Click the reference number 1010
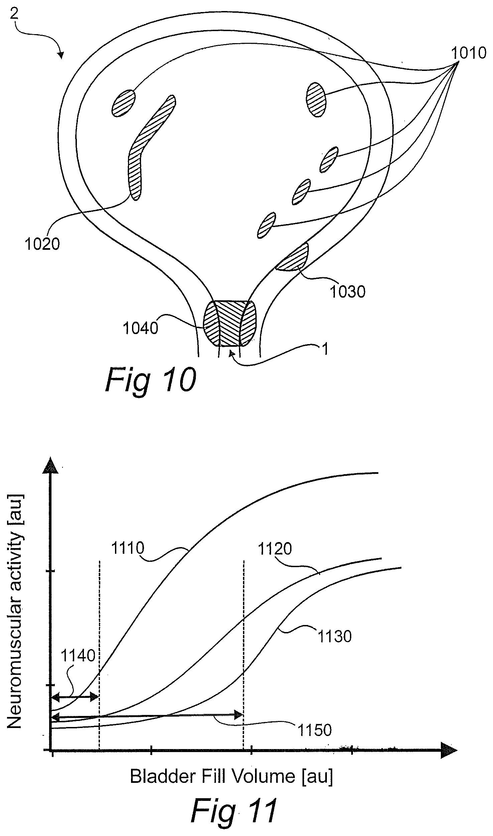pos(469,53)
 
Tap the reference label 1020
pos(42,244)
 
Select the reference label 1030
pos(348,292)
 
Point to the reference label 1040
pos(140,328)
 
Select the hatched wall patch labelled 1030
pos(292,257)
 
